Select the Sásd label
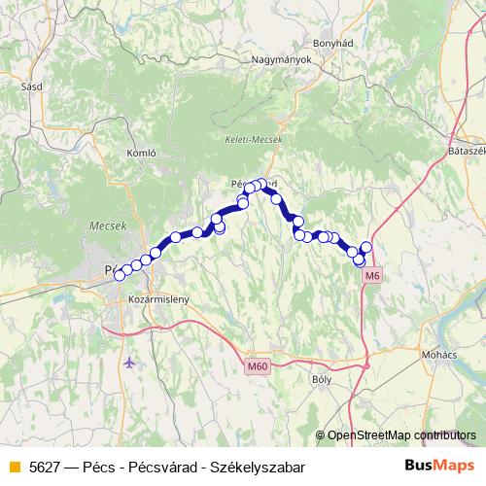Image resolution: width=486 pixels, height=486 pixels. tap(30, 86)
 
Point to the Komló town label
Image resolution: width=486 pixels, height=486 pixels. tap(142, 154)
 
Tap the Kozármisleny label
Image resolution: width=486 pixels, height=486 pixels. tap(158, 299)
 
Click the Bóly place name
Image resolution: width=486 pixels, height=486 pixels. tap(320, 380)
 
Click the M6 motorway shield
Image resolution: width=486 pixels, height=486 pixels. tap(371, 276)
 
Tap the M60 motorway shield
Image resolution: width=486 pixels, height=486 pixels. tap(257, 365)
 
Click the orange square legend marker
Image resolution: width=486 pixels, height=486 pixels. tap(14, 468)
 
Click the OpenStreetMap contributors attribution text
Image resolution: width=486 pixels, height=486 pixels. tap(401, 435)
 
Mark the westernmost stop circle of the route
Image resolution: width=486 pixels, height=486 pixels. tap(120, 275)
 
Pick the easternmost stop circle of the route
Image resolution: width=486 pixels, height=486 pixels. tap(366, 247)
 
